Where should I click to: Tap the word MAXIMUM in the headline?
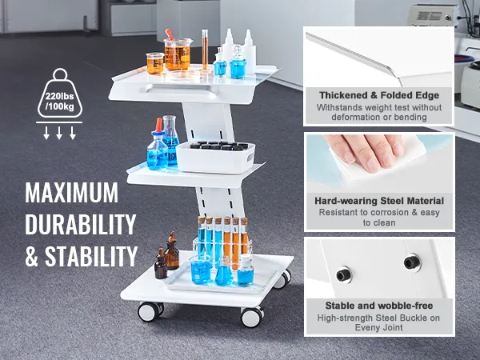tap(71, 194)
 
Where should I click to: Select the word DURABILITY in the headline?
tap(80, 225)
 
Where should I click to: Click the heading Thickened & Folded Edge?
tap(378, 95)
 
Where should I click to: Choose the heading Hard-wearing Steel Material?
tap(378, 200)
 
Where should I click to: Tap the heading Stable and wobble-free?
tap(378, 306)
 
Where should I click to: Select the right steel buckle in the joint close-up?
tap(412, 262)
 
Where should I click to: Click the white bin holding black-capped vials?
tap(215, 156)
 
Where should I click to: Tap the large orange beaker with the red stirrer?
tap(178, 54)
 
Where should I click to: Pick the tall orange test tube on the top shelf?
tap(205, 50)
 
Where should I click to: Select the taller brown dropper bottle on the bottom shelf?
tap(172, 253)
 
